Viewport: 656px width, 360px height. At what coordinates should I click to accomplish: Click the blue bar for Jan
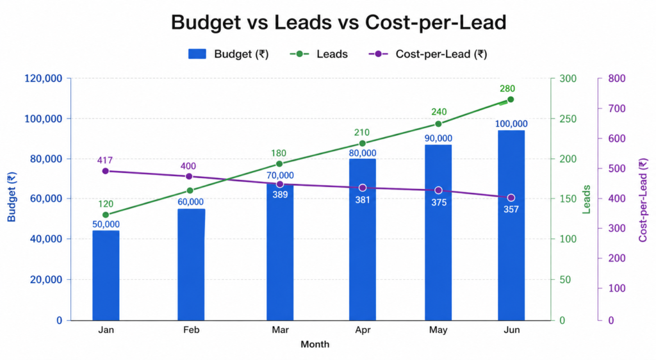point(106,275)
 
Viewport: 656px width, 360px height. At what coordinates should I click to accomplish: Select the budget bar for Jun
point(511,225)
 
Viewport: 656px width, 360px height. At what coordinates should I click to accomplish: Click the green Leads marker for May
point(438,124)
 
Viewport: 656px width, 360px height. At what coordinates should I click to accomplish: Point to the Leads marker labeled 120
point(106,215)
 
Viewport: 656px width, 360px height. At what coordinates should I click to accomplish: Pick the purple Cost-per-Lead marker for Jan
point(106,171)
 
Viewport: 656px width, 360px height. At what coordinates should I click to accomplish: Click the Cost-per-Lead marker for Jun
point(511,197)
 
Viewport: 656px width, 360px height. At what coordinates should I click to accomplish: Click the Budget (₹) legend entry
point(228,54)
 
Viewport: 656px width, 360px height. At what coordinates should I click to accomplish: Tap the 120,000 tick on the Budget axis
point(43,79)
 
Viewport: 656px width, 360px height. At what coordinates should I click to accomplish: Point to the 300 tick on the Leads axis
point(568,79)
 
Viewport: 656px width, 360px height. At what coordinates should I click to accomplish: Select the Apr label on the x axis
point(363,330)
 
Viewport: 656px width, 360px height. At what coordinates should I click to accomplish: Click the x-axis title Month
point(315,344)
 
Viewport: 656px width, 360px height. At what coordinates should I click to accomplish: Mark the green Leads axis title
point(586,199)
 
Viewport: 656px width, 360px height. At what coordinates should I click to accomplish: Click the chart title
point(339,23)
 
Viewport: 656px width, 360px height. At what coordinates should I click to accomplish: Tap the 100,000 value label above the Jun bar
point(511,124)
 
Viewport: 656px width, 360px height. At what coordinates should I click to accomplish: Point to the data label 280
point(507,88)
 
